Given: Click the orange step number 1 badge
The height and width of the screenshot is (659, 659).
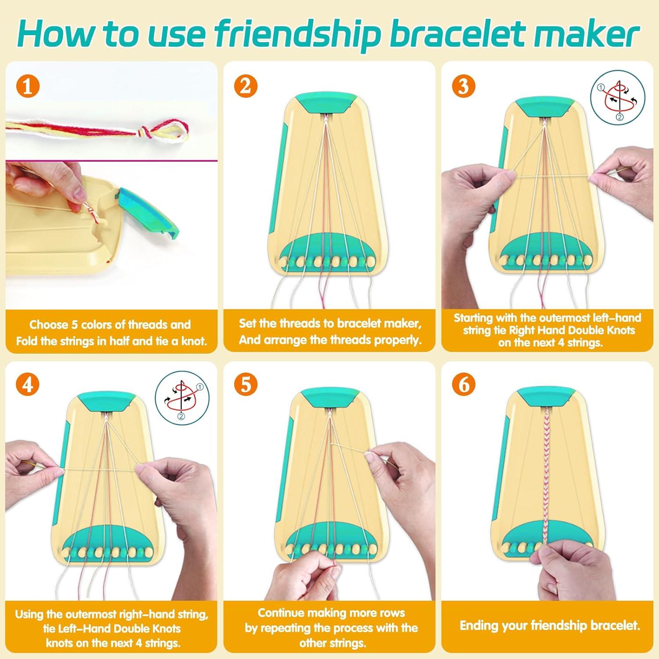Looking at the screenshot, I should pos(27,87).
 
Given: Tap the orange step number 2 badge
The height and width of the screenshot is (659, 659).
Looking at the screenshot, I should pos(245,87).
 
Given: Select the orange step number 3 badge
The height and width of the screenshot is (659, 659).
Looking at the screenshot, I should pos(463,87).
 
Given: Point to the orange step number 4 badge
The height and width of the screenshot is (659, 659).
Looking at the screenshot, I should pos(27,385).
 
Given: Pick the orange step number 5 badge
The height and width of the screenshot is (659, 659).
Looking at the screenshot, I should pos(245,385).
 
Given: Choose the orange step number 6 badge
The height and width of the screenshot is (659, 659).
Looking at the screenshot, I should pos(463,385).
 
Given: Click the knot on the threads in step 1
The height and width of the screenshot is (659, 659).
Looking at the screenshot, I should pos(143,130).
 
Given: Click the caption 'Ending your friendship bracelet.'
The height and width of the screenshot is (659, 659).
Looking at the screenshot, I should pos(550,625).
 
